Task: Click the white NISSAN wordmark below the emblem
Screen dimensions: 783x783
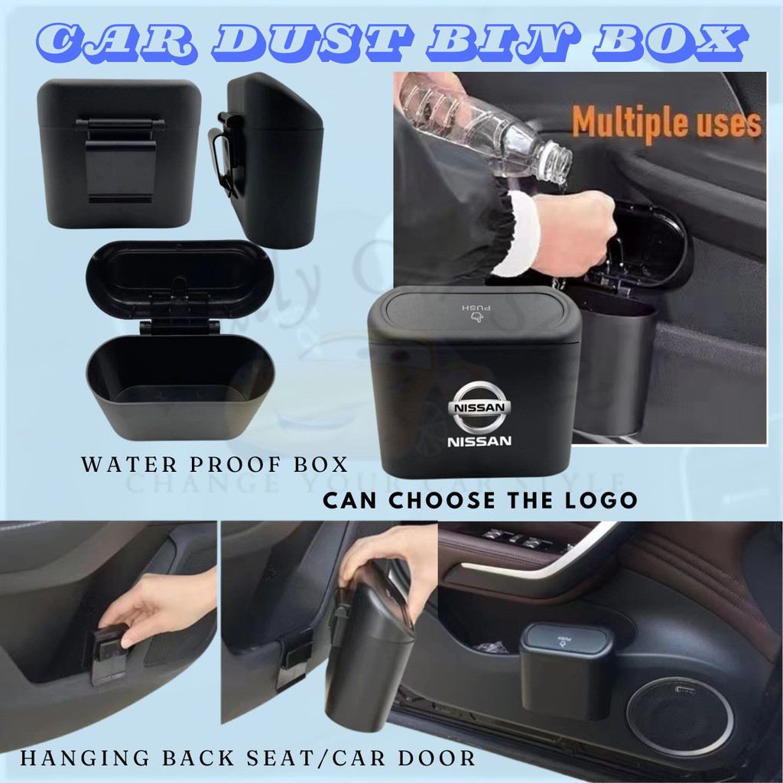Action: [x=479, y=441]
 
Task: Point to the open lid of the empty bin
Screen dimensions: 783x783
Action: [x=180, y=278]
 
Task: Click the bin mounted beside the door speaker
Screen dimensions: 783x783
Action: [x=566, y=669]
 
